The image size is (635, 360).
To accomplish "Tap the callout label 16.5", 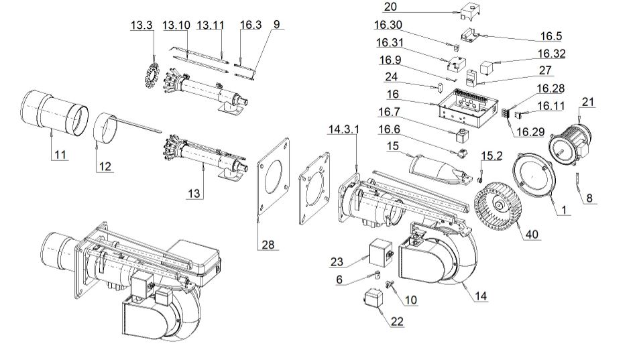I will click(552, 36).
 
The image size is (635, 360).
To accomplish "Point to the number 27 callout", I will click(545, 70).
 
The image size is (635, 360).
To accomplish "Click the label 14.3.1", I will click(343, 129).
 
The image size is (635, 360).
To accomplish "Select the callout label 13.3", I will click(141, 25).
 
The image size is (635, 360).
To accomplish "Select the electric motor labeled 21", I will click(573, 141).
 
